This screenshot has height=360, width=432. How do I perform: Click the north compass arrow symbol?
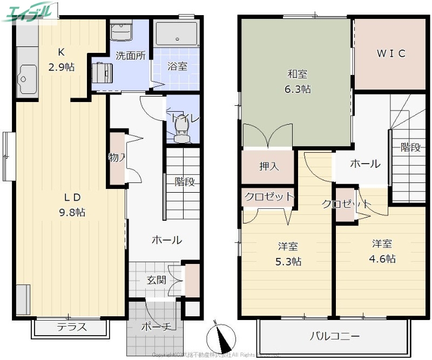pyautogui.click(x=221, y=337)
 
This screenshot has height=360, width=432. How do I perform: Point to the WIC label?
pyautogui.click(x=390, y=53)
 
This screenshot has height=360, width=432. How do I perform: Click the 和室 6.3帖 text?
pyautogui.click(x=298, y=83)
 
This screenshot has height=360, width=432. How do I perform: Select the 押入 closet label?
pyautogui.click(x=268, y=166)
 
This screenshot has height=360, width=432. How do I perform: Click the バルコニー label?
pyautogui.click(x=334, y=336)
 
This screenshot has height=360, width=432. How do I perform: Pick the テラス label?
pyautogui.click(x=72, y=327)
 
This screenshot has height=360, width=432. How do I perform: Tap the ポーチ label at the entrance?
pyautogui.click(x=156, y=327)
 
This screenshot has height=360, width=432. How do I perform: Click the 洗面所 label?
pyautogui.click(x=130, y=55)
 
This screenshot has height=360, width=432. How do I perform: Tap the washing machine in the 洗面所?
pyautogui.click(x=102, y=71)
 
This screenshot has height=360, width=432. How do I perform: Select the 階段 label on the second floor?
pyautogui.click(x=410, y=147)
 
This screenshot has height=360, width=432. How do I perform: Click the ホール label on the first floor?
pyautogui.click(x=166, y=240)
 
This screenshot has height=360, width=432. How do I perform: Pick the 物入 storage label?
pyautogui.click(x=116, y=158)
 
